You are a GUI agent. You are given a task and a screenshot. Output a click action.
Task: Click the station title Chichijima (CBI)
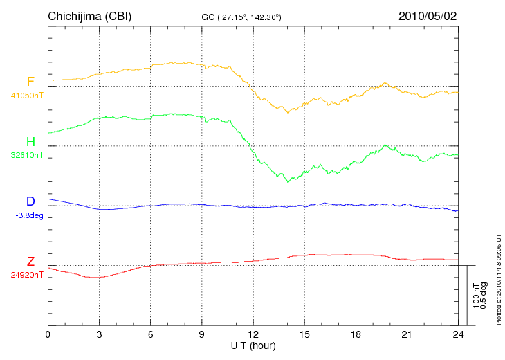pyautogui.click(x=89, y=15)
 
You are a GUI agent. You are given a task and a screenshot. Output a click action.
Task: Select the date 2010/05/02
pyautogui.click(x=428, y=15)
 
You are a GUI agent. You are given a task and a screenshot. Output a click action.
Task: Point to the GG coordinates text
pyautogui.click(x=241, y=16)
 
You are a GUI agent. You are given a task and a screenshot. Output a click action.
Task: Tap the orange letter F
pyautogui.click(x=30, y=82)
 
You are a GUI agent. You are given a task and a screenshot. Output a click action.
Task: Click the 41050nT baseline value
pyautogui.click(x=26, y=96)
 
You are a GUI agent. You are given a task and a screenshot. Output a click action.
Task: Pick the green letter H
pyautogui.click(x=30, y=142)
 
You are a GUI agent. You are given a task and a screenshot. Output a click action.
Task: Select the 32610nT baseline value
pyautogui.click(x=26, y=156)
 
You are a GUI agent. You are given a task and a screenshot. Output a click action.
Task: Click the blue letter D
pyautogui.click(x=30, y=201)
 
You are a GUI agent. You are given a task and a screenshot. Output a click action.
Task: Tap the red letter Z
pyautogui.click(x=30, y=262)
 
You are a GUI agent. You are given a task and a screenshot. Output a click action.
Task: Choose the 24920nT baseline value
pyautogui.click(x=26, y=275)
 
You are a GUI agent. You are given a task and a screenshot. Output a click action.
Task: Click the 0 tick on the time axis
pyautogui.click(x=48, y=335)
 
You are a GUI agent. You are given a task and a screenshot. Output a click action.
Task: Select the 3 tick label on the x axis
pyautogui.click(x=99, y=335)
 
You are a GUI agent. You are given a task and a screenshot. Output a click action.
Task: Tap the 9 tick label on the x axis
pyautogui.click(x=202, y=335)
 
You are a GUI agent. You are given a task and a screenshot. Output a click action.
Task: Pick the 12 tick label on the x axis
pyautogui.click(x=253, y=335)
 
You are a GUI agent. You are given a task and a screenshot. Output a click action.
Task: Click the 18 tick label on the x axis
pyautogui.click(x=356, y=335)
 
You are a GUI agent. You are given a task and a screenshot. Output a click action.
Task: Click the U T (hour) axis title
pyautogui.click(x=252, y=345)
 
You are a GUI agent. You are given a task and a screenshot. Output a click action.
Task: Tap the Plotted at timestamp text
pyautogui.click(x=498, y=278)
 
